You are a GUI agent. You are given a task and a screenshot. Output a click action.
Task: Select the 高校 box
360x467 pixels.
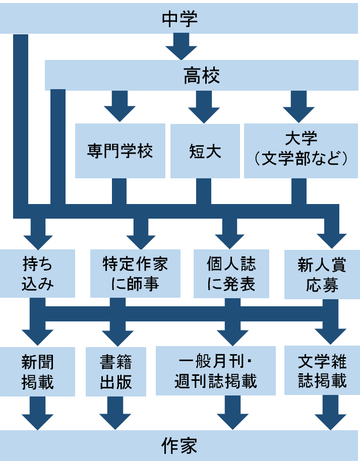pyautogui.click(x=202, y=77)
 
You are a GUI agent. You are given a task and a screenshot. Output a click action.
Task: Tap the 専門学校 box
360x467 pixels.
pyautogui.click(x=120, y=151)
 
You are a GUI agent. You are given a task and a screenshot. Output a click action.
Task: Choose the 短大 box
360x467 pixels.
pyautogui.click(x=205, y=151)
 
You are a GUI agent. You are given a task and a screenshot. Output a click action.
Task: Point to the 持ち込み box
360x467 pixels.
pyautogui.click(x=37, y=274)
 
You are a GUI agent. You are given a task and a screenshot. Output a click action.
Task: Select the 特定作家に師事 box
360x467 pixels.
pyautogui.click(x=135, y=274)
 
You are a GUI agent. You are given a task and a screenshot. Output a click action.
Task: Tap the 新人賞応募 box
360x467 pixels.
pyautogui.click(x=322, y=274)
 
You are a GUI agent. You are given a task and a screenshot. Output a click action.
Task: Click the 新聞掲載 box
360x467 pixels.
pyautogui.click(x=37, y=371)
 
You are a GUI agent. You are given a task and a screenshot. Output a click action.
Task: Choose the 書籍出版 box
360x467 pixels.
pyautogui.click(x=116, y=371)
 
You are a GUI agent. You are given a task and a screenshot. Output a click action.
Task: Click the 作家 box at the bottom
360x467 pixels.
pyautogui.click(x=180, y=446)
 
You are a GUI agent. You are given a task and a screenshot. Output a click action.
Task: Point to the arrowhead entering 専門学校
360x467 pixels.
pyautogui.click(x=120, y=113)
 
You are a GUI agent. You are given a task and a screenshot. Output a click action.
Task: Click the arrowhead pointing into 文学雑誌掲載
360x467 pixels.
pyautogui.click(x=331, y=336)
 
